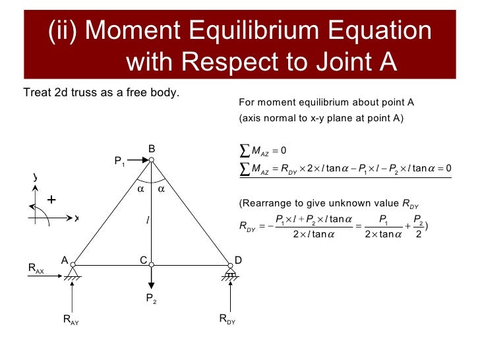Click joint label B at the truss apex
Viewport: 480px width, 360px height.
pos(151,149)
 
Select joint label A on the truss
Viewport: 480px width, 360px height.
pos(65,260)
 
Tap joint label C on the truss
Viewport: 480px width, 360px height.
pos(143,260)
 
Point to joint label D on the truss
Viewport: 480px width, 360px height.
pos(238,260)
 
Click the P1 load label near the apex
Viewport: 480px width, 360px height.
pos(119,161)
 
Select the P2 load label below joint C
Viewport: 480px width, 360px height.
pos(151,299)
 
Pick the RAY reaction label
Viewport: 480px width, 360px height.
pos(71,320)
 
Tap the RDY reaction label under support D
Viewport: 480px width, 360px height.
pos(227,320)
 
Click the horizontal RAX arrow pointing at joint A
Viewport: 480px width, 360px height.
pos(57,266)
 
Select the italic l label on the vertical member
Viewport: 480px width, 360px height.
pos(148,219)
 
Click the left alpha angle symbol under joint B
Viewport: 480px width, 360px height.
pos(140,189)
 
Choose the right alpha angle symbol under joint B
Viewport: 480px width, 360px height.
pos(162,189)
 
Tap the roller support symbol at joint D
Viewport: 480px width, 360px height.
pos(230,272)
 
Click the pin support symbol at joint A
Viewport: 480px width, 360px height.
pos(72,272)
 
